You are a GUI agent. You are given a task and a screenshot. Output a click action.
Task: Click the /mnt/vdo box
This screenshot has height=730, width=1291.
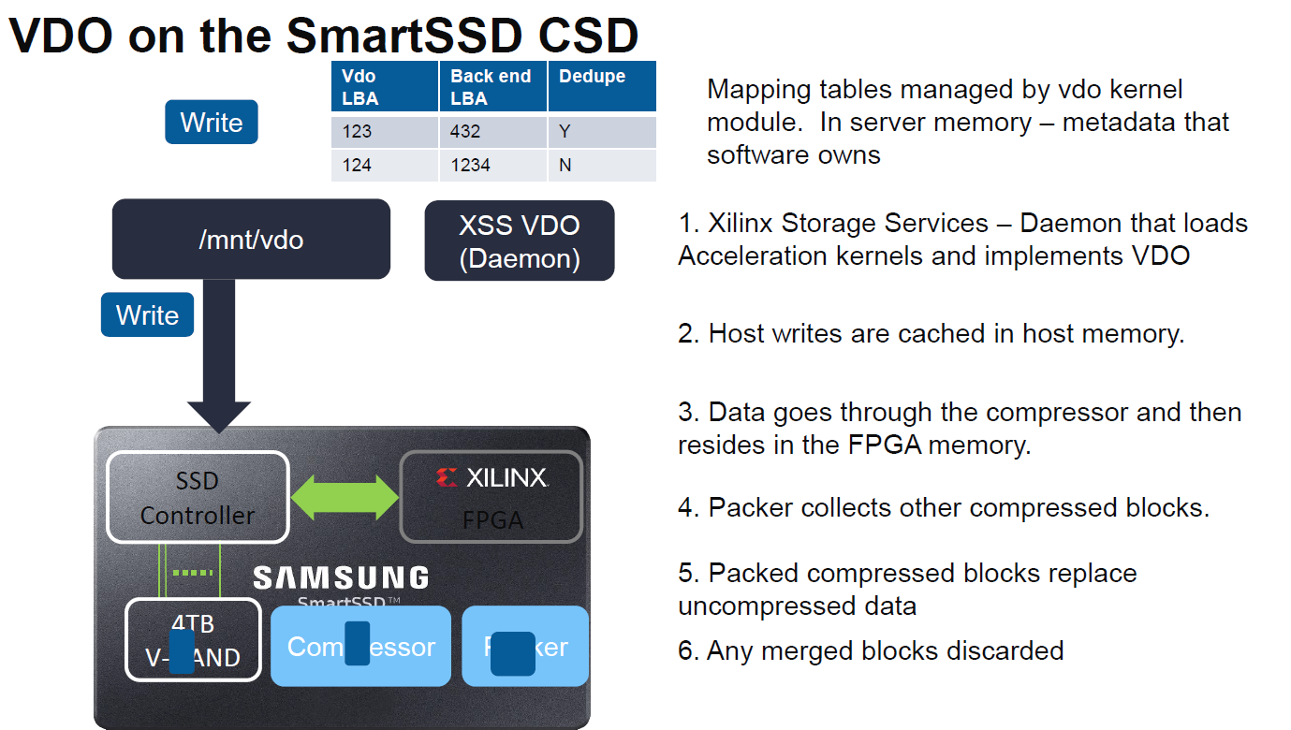click(x=251, y=240)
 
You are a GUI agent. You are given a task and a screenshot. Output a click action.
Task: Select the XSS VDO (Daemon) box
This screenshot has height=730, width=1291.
click(x=519, y=241)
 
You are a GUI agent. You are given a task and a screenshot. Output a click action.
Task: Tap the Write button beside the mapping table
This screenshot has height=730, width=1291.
click(x=211, y=123)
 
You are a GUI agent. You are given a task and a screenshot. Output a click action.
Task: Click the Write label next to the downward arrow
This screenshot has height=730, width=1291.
click(x=147, y=314)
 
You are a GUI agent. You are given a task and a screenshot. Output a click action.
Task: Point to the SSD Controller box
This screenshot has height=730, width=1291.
click(x=198, y=497)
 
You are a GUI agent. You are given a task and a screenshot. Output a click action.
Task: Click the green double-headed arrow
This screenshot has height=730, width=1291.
click(x=345, y=497)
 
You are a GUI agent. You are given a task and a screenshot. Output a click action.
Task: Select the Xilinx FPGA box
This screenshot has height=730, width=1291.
click(x=491, y=497)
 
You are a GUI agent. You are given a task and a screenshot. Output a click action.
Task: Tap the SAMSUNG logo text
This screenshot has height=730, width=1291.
click(x=341, y=577)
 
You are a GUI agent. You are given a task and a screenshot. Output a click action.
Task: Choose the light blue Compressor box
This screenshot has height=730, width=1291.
click(x=360, y=647)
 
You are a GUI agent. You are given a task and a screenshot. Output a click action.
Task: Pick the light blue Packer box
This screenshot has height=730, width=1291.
click(x=525, y=647)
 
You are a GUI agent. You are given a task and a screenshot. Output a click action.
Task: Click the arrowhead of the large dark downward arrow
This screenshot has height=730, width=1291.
click(x=219, y=416)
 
